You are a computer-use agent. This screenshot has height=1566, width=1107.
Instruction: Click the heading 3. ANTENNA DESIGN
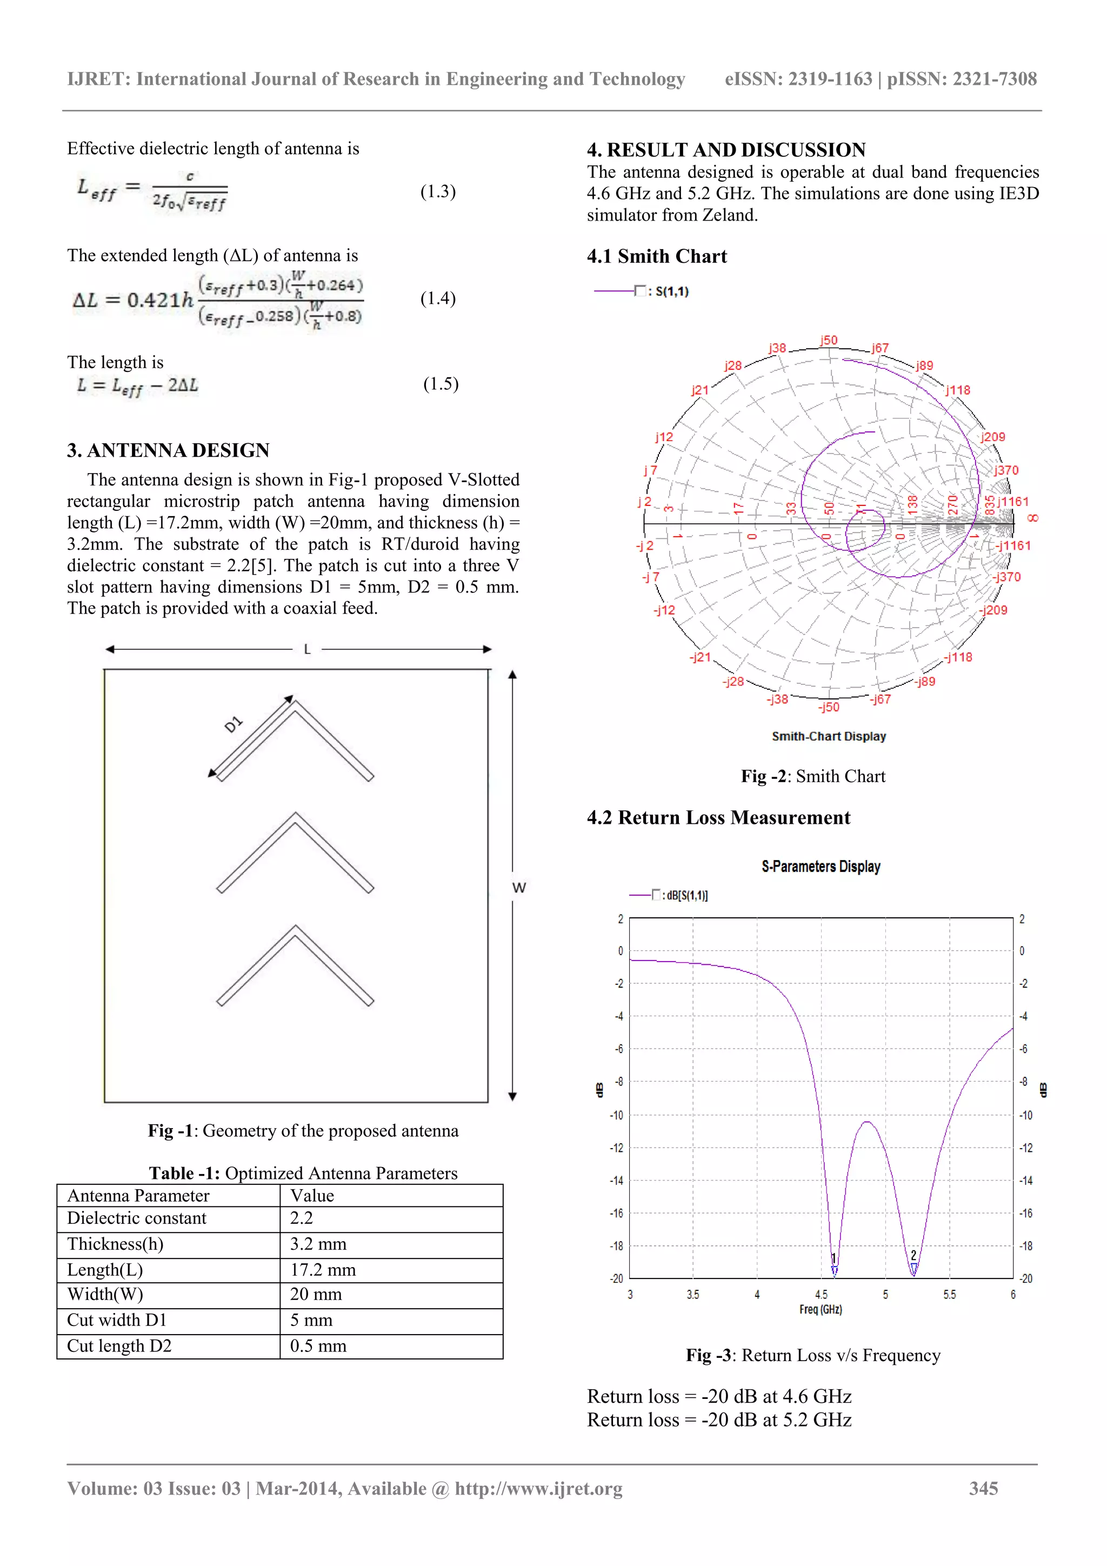pyautogui.click(x=168, y=450)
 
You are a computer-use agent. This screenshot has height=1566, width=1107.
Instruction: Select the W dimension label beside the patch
pyautogui.click(x=519, y=888)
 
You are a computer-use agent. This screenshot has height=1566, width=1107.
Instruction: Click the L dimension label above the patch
pyautogui.click(x=307, y=649)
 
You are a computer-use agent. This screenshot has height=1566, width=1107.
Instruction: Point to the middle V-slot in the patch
pyautogui.click(x=295, y=852)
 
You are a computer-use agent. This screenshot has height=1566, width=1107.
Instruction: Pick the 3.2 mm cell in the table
pyautogui.click(x=318, y=1243)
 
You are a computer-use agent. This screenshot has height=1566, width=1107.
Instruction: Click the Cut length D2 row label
pyautogui.click(x=119, y=1345)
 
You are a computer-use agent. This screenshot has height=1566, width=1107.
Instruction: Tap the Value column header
pyautogui.click(x=312, y=1195)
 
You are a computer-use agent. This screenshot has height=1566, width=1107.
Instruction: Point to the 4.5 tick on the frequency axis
pyautogui.click(x=821, y=1295)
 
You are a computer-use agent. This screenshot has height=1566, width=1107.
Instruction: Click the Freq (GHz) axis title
pyautogui.click(x=821, y=1310)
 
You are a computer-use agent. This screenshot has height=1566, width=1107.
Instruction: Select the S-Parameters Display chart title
pyautogui.click(x=821, y=866)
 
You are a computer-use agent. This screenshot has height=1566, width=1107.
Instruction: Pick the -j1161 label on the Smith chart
pyautogui.click(x=1013, y=545)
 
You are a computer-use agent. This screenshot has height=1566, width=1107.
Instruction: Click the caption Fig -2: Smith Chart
pyautogui.click(x=813, y=776)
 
